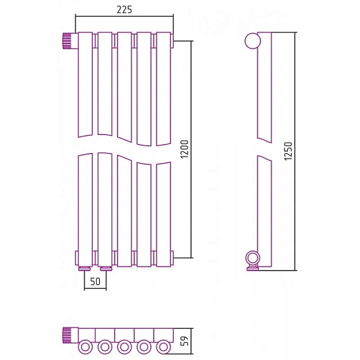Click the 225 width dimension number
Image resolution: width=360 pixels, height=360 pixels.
point(124,10)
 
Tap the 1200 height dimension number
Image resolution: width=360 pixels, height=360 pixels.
point(185,149)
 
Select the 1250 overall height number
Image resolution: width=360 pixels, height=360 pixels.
point(288,151)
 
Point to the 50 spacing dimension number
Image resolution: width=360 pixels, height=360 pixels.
point(96,282)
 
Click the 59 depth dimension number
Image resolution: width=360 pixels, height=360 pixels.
point(185,341)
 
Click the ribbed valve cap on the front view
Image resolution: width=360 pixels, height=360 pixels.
point(67,41)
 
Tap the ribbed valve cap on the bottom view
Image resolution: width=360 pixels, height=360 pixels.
point(67,335)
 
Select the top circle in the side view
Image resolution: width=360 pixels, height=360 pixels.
point(253,41)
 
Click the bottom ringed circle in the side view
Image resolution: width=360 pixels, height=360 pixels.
point(253,258)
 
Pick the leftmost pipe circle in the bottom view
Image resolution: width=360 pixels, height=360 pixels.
point(85,347)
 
